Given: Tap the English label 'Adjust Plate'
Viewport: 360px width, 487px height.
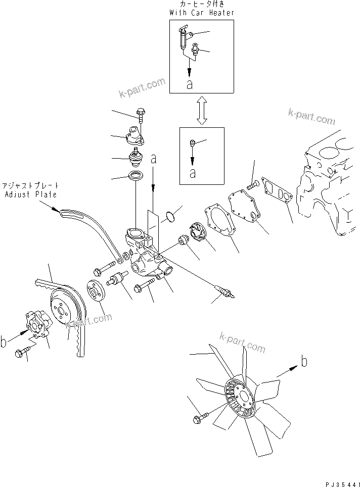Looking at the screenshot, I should point(31,194).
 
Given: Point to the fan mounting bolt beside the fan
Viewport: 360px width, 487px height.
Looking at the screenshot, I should point(198,419).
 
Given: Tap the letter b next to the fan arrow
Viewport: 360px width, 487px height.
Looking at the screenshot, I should point(303,362).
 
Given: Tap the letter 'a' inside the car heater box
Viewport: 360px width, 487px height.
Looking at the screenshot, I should point(189,84).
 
